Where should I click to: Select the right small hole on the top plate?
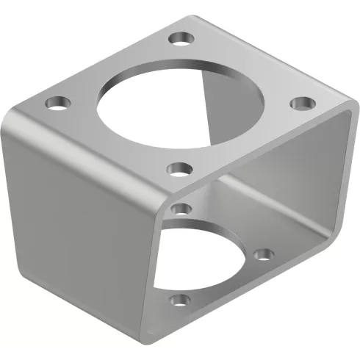coord(300,103)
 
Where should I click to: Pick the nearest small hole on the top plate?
coord(177,171)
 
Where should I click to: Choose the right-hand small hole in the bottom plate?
coord(264,256)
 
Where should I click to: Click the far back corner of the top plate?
coord(192,13)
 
